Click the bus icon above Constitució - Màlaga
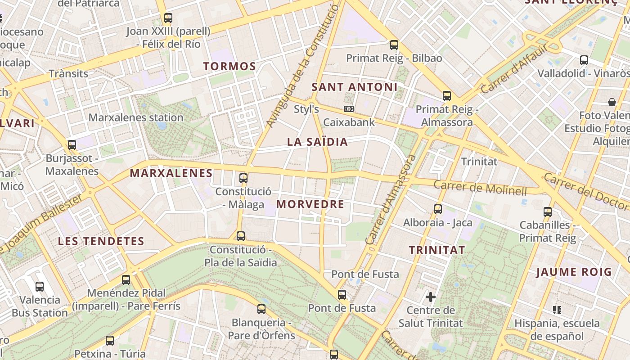(243, 178)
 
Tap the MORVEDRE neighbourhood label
(310, 204)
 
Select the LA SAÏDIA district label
(317, 142)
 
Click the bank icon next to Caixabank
(348, 109)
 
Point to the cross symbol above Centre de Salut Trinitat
(431, 297)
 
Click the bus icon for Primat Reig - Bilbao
(394, 45)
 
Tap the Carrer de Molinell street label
(480, 188)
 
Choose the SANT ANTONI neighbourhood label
(355, 87)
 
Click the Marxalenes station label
(136, 118)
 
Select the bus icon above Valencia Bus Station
(40, 286)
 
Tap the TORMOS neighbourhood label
(229, 67)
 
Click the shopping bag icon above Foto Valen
(612, 102)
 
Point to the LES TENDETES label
(101, 241)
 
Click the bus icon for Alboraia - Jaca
(438, 209)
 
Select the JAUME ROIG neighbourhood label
(574, 272)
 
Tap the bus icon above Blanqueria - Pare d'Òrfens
(261, 309)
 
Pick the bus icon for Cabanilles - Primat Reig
(548, 211)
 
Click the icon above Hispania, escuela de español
(557, 310)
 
